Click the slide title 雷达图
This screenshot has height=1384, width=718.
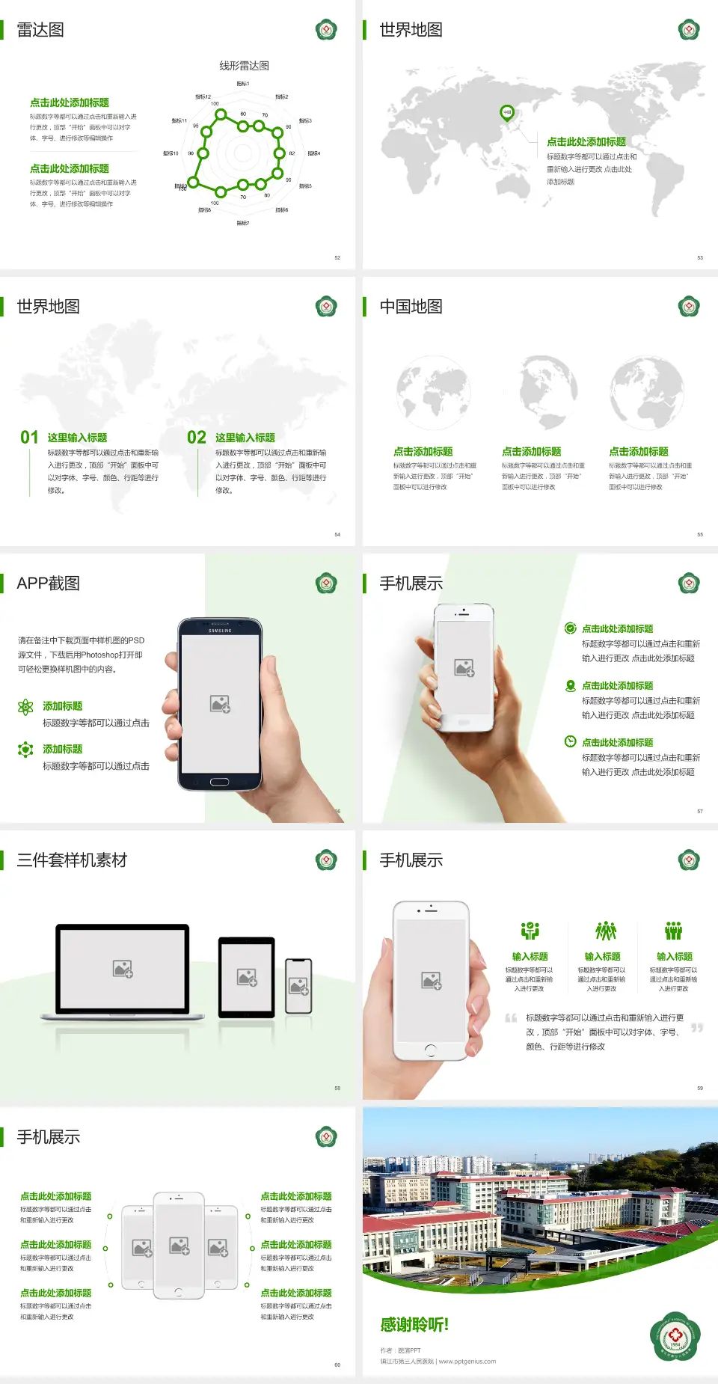pyautogui.click(x=40, y=30)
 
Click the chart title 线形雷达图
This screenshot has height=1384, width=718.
pyautogui.click(x=244, y=66)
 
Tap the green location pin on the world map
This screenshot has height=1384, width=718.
pyautogui.click(x=506, y=113)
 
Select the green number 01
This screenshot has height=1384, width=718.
pyautogui.click(x=29, y=438)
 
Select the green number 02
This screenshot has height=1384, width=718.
pyautogui.click(x=197, y=438)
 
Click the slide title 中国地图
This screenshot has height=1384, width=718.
pyautogui.click(x=411, y=307)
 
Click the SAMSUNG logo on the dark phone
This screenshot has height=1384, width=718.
pyautogui.click(x=220, y=631)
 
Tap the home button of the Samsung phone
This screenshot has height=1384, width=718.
pyautogui.click(x=219, y=782)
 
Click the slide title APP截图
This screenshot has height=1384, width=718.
pyautogui.click(x=49, y=584)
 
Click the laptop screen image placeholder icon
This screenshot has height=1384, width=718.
pyautogui.click(x=123, y=969)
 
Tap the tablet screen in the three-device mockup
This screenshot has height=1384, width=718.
pyautogui.click(x=247, y=976)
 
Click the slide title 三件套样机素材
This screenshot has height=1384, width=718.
pyautogui.click(x=72, y=860)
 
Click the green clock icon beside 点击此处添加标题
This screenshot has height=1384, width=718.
pyautogui.click(x=570, y=741)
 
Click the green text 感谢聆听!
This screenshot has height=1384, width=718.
pyautogui.click(x=414, y=1325)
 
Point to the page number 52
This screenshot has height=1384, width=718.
pyautogui.click(x=337, y=258)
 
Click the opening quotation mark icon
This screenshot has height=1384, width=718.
pyautogui.click(x=511, y=1018)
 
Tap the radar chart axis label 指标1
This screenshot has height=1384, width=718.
pyautogui.click(x=243, y=84)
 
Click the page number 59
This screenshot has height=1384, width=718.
pyautogui.click(x=700, y=1088)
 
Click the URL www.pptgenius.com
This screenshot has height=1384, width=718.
pyautogui.click(x=467, y=1362)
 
